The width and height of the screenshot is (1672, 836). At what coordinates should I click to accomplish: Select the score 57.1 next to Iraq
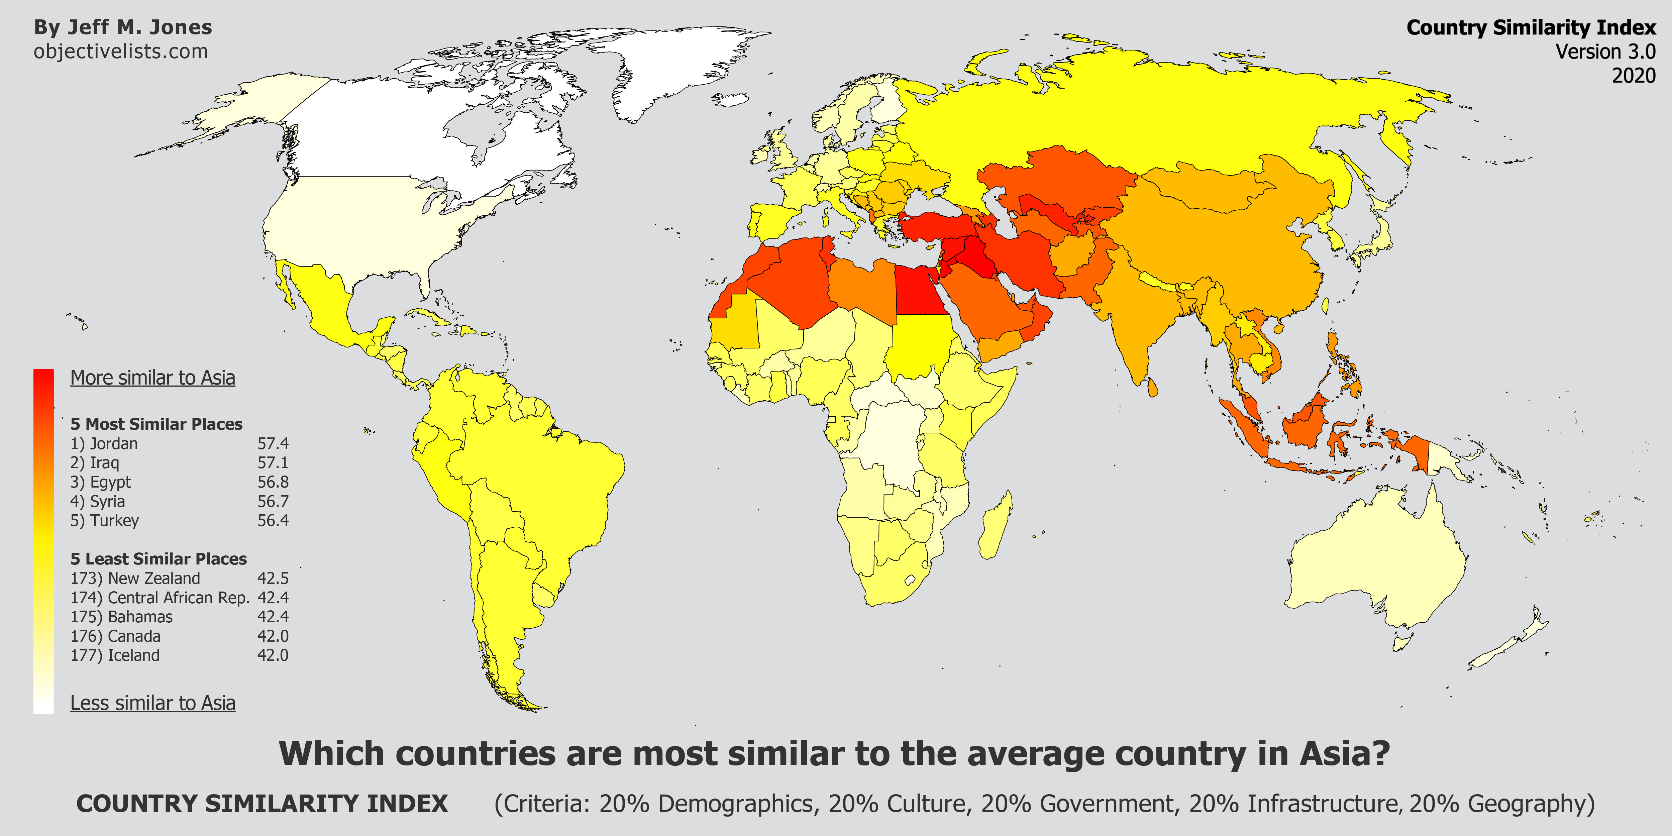273,463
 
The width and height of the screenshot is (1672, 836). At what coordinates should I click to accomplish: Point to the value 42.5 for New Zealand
273,578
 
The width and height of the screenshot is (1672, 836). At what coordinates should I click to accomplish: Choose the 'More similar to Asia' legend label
152,378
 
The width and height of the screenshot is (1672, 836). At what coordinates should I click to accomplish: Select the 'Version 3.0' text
1605,51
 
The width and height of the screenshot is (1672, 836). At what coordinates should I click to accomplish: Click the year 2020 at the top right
1634,75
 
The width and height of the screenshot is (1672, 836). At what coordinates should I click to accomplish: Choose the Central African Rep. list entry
179,598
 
